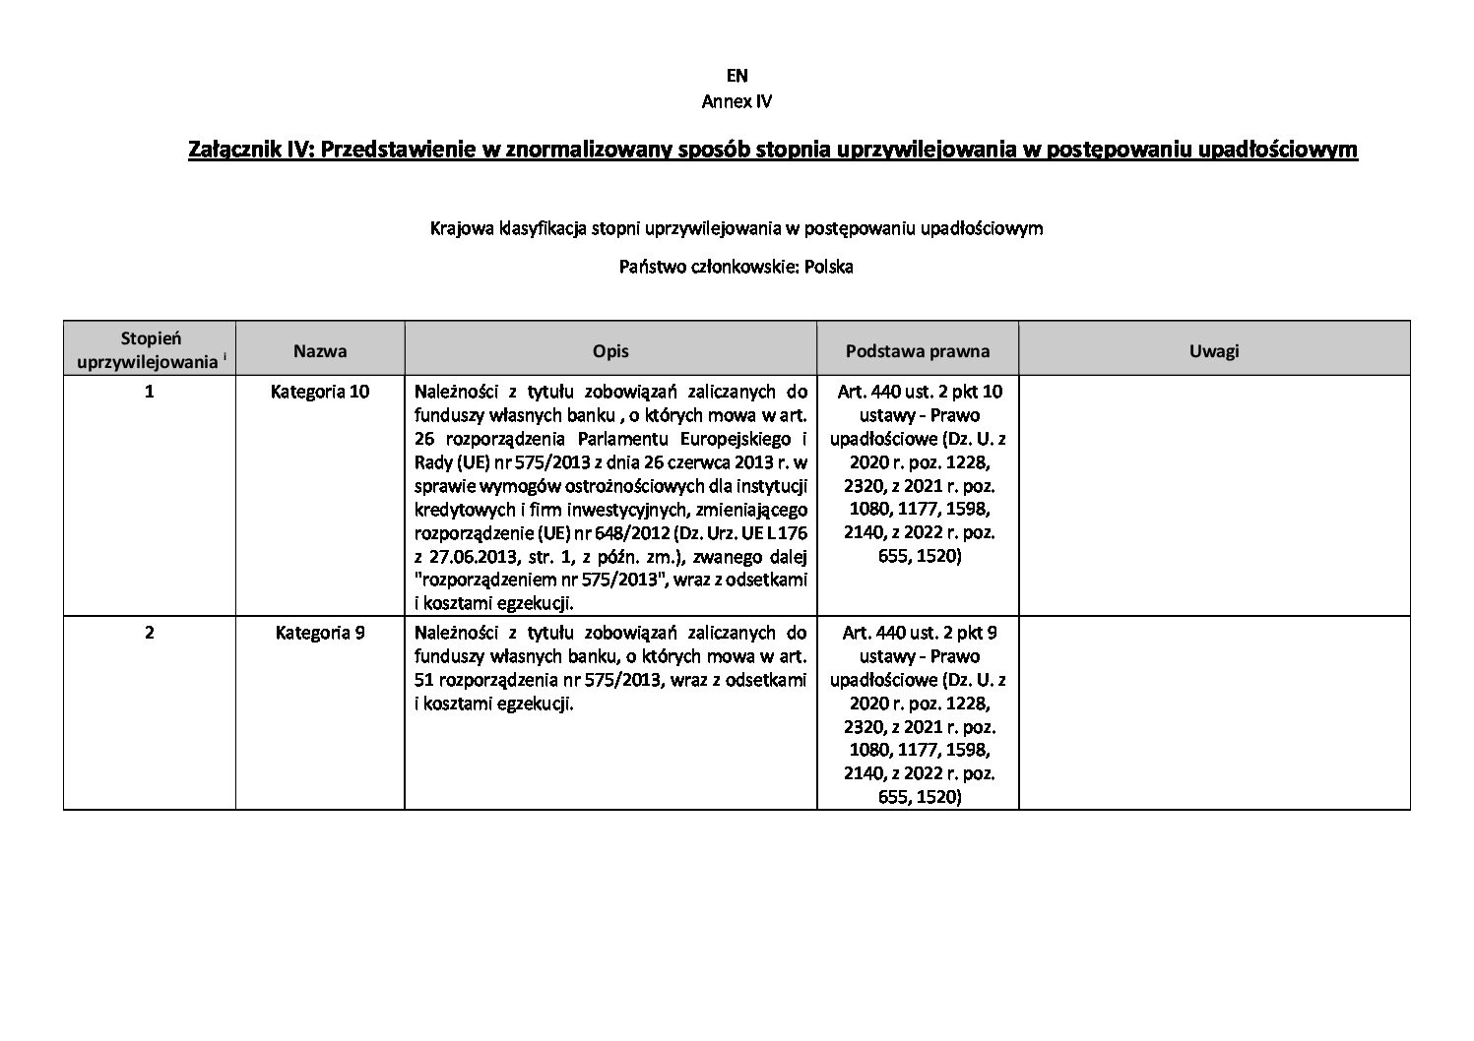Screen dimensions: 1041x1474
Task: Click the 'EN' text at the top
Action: (737, 76)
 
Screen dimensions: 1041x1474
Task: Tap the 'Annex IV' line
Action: (737, 101)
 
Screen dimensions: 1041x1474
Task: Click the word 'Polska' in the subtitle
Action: (828, 267)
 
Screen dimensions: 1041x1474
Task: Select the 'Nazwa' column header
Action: (320, 350)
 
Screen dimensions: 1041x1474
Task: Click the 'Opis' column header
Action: (610, 350)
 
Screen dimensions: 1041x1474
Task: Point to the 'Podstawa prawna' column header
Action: (918, 350)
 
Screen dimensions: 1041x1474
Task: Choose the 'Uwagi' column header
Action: (1213, 350)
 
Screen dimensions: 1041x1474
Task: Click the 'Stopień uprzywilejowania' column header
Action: (150, 350)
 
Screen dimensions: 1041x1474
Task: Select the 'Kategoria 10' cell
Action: (320, 392)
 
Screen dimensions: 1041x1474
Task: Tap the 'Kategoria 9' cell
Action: (320, 633)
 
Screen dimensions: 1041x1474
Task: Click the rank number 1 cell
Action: (150, 392)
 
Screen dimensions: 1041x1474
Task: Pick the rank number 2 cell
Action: (150, 633)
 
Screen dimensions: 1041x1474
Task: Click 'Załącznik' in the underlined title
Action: (226, 150)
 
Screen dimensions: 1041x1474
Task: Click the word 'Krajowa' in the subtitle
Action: (458, 229)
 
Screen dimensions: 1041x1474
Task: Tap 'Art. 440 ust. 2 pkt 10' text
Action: (919, 392)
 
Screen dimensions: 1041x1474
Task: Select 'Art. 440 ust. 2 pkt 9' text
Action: (919, 633)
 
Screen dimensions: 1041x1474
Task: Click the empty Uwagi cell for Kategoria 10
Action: (1213, 495)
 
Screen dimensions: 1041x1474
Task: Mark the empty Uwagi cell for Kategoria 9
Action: (1213, 713)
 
